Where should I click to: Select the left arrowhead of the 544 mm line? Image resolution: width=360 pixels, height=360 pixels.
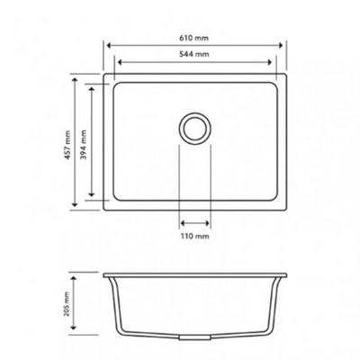117,63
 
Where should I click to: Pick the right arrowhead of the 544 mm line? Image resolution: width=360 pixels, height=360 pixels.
274,63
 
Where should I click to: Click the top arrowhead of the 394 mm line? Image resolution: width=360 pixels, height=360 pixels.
94,85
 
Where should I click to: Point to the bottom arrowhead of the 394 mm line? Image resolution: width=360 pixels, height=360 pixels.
94,198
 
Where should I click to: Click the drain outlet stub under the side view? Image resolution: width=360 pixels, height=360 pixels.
195,337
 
